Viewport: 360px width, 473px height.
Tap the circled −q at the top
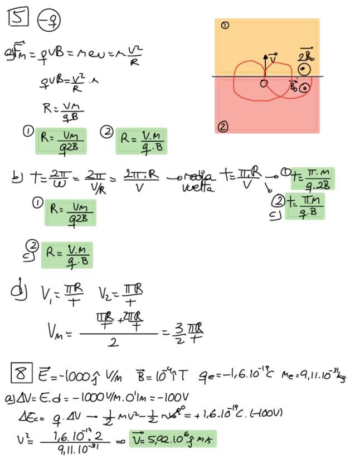[x=49, y=21]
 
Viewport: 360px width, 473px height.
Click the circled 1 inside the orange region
[x=225, y=26]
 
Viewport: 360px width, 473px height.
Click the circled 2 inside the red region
[x=223, y=126]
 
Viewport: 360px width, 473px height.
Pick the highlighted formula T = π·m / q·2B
[x=311, y=178]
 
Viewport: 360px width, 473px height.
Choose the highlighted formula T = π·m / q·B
[x=304, y=207]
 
